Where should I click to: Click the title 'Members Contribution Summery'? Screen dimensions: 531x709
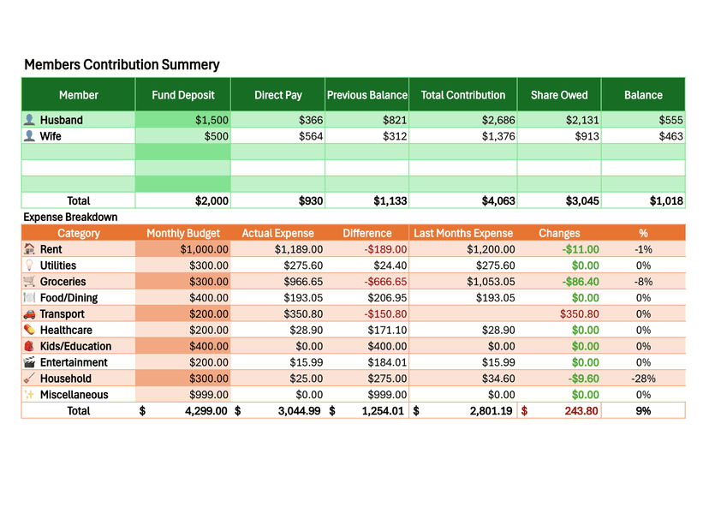pyautogui.click(x=122, y=65)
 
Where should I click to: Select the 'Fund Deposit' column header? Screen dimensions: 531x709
pyautogui.click(x=182, y=95)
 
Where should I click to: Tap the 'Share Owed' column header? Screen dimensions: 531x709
pyautogui.click(x=558, y=95)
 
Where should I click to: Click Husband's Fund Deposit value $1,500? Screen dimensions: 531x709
pyautogui.click(x=212, y=120)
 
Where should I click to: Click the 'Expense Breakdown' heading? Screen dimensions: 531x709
pyautogui.click(x=70, y=218)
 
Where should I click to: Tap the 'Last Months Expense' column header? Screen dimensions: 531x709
pyautogui.click(x=463, y=233)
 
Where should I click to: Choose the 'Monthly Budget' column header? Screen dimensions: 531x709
pyautogui.click(x=182, y=233)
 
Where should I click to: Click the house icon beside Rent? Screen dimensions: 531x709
pyautogui.click(x=29, y=249)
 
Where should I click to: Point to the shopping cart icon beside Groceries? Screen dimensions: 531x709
pyautogui.click(x=29, y=282)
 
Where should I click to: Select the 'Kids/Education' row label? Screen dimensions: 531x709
pyautogui.click(x=75, y=347)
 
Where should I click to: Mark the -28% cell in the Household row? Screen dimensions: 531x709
pyautogui.click(x=643, y=379)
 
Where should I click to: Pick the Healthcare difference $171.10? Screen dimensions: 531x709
pyautogui.click(x=384, y=331)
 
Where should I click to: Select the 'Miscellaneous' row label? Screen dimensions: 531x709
pyautogui.click(x=74, y=395)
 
